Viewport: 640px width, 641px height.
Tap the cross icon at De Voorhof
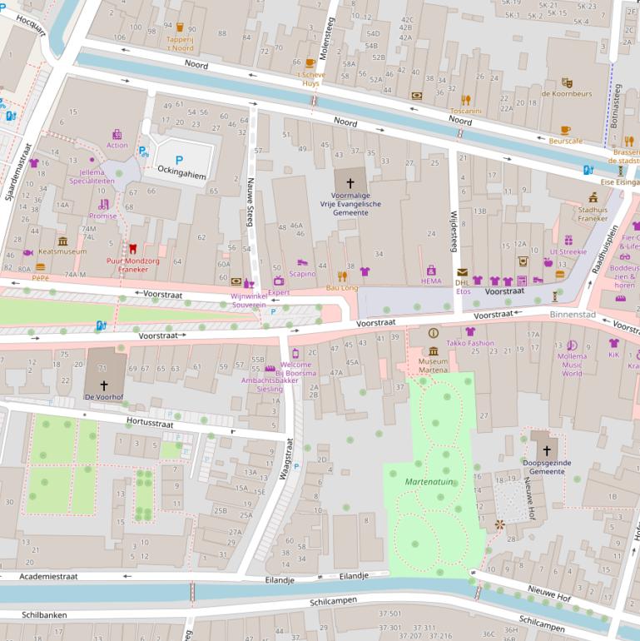click(x=104, y=385)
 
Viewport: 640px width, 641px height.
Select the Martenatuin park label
click(x=428, y=482)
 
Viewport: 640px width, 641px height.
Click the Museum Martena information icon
click(x=433, y=333)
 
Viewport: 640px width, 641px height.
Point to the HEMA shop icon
click(x=431, y=270)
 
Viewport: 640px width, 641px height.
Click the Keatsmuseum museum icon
click(x=62, y=241)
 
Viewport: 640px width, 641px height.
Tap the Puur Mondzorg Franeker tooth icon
click(x=131, y=248)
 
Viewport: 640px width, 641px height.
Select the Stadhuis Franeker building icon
click(x=593, y=198)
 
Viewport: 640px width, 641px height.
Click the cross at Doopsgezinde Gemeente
click(x=547, y=450)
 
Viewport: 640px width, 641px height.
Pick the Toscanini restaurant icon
click(x=466, y=100)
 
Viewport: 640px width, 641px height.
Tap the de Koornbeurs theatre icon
click(x=567, y=82)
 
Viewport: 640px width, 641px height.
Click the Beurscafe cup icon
click(x=566, y=131)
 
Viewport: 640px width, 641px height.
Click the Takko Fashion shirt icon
click(x=469, y=331)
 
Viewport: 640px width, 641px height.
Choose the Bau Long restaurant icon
click(x=342, y=276)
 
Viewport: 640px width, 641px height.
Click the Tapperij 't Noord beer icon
click(x=180, y=27)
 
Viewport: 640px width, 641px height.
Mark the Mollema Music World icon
click(x=572, y=345)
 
